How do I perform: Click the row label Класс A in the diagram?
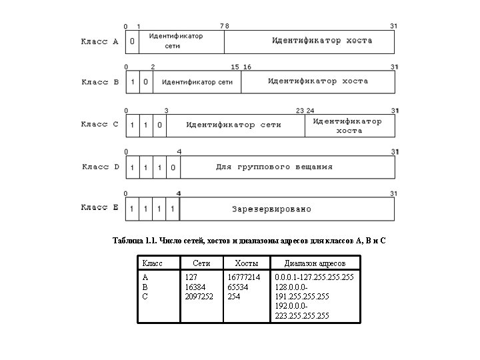coord(99,41)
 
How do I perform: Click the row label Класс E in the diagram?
coord(100,207)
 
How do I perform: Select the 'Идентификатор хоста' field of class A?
coord(322,41)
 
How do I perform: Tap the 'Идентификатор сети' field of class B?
coord(197,82)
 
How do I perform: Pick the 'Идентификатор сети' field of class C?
coord(233,125)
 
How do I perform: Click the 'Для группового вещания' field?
coord(274,167)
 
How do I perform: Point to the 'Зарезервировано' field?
coord(271,209)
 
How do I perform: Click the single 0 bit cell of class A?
coord(132,41)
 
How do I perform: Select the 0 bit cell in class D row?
coord(173,167)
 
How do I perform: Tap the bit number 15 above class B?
coord(235,67)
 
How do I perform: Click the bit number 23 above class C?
coord(300,110)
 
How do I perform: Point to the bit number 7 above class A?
coord(222,26)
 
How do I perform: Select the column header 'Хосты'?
coord(237,263)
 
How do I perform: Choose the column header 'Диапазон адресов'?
coord(315,263)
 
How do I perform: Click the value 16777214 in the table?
coord(243,276)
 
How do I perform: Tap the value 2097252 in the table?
coord(199,295)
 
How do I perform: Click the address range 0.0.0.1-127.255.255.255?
coord(314,276)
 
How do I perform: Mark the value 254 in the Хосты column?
coord(234,295)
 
